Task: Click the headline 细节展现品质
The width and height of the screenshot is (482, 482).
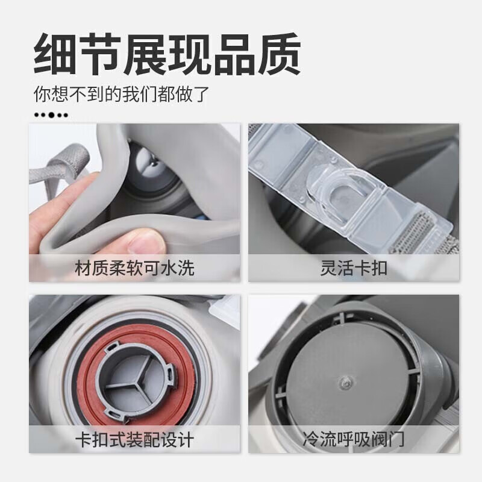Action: click(167, 54)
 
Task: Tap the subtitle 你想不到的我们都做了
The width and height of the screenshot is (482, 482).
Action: click(122, 94)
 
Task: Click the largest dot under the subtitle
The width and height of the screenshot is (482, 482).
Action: click(52, 115)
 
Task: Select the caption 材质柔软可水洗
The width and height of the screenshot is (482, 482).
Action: click(134, 268)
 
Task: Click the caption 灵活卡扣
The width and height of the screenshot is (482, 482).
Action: click(354, 268)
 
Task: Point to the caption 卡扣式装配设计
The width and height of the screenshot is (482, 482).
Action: click(134, 440)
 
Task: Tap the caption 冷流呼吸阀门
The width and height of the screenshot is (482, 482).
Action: click(354, 440)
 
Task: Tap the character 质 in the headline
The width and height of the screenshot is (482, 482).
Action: click(279, 54)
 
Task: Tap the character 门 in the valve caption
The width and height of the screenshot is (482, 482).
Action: click(396, 440)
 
